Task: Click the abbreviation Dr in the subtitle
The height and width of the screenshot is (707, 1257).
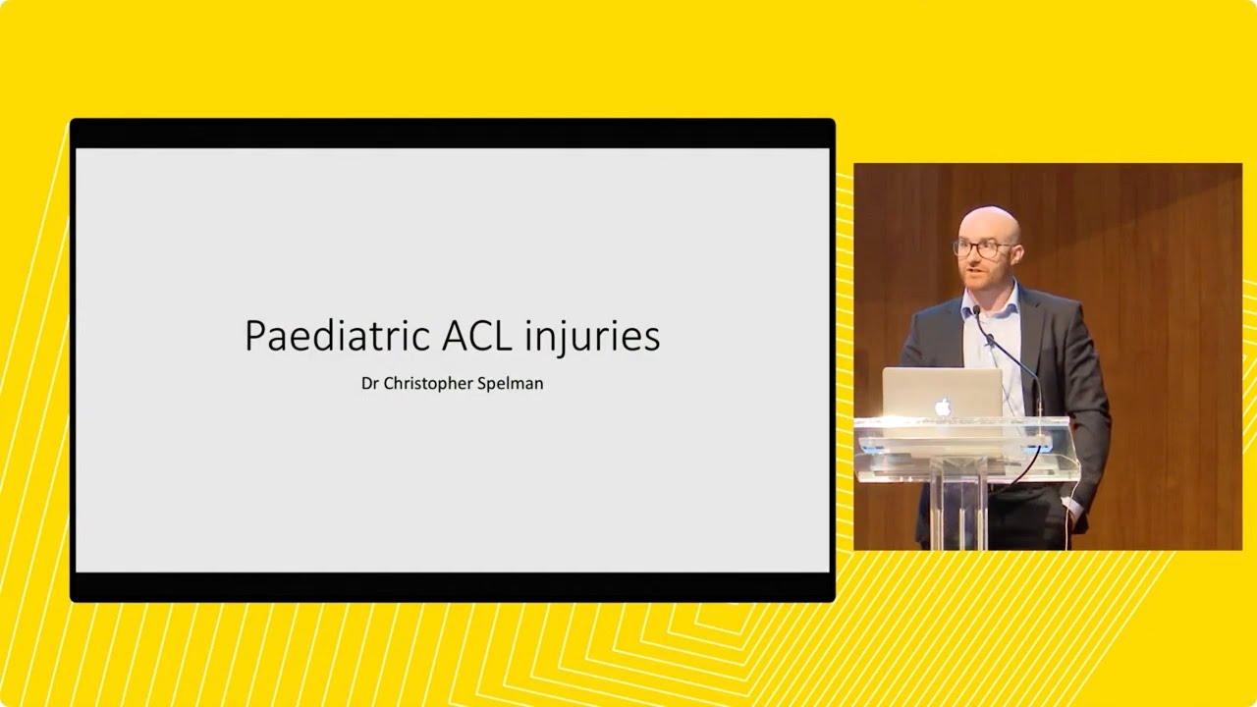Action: tap(369, 383)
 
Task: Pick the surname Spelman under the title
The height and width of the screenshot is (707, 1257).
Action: tap(510, 384)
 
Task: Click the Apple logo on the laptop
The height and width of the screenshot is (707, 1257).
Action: tap(943, 406)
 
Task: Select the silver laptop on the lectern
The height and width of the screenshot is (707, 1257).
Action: tap(942, 393)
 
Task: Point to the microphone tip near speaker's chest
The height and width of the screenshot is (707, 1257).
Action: tap(978, 313)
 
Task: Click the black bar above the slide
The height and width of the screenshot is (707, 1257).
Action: tap(452, 134)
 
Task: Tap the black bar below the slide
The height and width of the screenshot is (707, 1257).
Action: tap(452, 586)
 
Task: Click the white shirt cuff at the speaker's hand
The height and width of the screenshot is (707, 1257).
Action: tap(1073, 510)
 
